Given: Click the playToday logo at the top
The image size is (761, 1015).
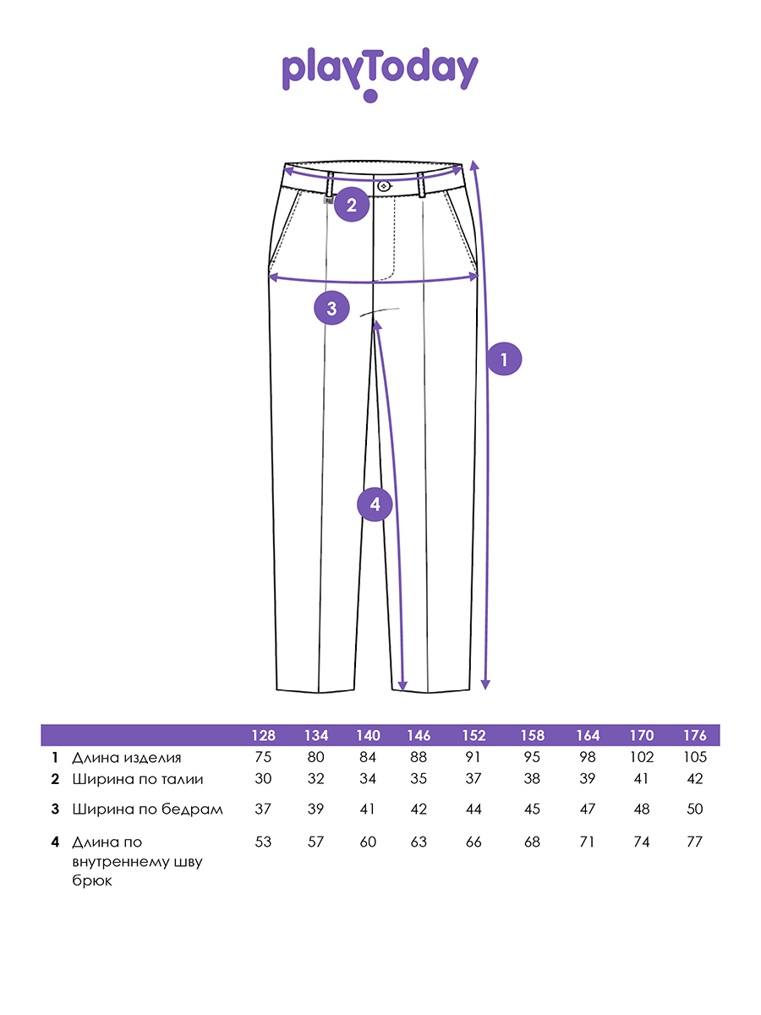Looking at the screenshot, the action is (380, 74).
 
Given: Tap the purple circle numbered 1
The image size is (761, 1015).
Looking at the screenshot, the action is (504, 359).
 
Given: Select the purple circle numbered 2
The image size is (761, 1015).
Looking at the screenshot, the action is (352, 205).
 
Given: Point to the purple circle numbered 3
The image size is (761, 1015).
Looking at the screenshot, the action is (331, 308).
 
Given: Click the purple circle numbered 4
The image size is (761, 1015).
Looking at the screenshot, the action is (375, 504).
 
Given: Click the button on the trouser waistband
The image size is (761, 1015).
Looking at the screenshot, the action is (384, 186).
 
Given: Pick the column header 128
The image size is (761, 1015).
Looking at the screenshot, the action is (263, 736).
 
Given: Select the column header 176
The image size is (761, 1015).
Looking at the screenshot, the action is (695, 736).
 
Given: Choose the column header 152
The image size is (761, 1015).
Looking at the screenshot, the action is (474, 736).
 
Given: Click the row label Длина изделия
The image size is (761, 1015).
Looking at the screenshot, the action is (127, 758).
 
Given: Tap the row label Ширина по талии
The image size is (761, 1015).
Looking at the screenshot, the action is (138, 780).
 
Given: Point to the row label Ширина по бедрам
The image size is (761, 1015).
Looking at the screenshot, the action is (147, 809).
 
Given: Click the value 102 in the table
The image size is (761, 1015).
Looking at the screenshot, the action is (642, 757).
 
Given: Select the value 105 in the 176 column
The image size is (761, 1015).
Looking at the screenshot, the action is (695, 757).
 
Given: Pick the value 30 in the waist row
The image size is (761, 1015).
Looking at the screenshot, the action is (263, 779).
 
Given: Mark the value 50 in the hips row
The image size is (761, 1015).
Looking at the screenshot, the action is (695, 809).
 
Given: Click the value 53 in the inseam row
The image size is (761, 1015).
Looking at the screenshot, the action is (263, 842).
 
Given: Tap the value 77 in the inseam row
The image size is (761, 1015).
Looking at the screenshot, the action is (695, 842).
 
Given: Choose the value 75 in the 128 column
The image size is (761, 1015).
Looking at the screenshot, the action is (263, 757).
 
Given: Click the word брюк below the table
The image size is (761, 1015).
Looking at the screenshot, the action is (92, 881).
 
